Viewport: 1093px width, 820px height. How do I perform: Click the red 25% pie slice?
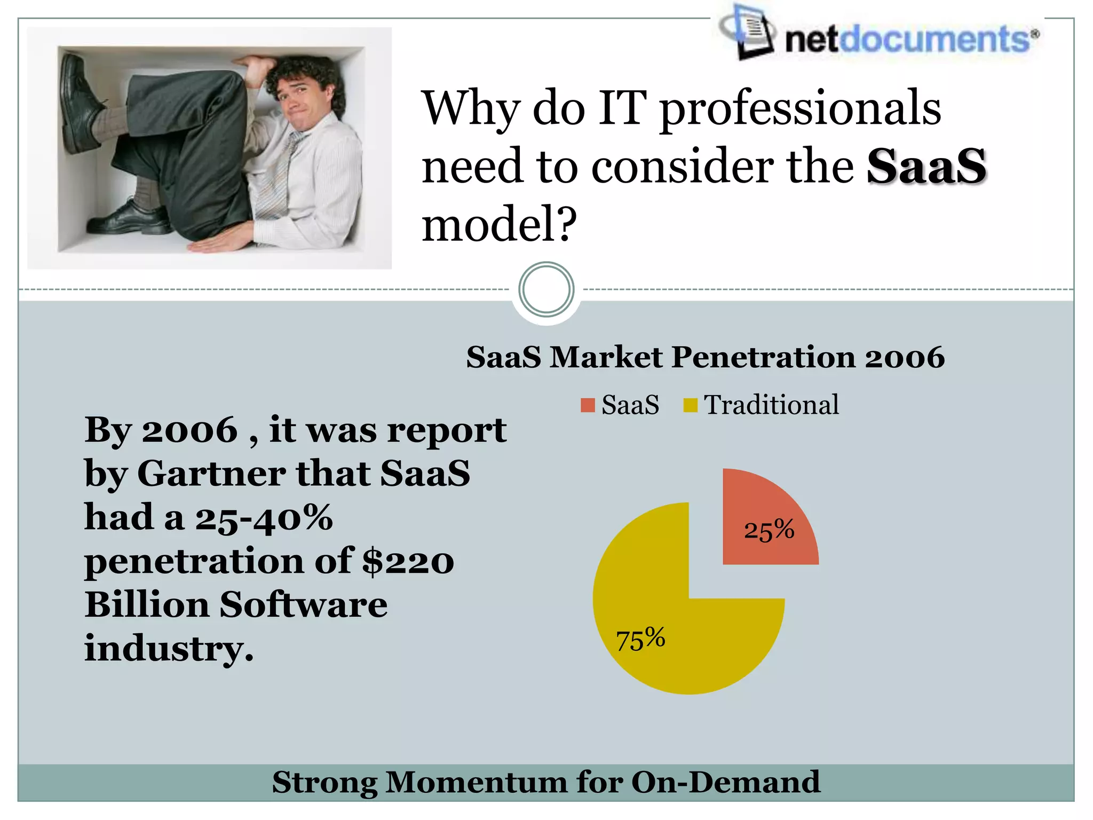tap(763, 512)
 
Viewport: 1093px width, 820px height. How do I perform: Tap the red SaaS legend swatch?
tap(588, 405)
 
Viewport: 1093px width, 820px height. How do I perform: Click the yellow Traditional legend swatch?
tap(690, 405)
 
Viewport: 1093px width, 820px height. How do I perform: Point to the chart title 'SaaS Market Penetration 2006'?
tap(705, 357)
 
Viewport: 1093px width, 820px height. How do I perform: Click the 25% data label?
tap(769, 530)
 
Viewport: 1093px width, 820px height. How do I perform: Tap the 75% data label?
tap(640, 638)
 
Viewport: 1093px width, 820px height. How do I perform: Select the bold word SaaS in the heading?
tap(926, 167)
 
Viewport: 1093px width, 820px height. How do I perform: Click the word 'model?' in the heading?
tap(499, 224)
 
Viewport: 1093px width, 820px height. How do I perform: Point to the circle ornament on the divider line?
tap(546, 290)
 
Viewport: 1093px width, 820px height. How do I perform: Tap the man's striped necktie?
tap(278, 176)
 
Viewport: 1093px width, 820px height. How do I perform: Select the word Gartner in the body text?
tap(211, 474)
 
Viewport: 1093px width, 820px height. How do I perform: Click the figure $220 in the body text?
tap(408, 561)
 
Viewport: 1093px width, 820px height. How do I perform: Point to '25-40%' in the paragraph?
tap(264, 517)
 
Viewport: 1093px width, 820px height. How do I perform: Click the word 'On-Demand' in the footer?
tap(725, 783)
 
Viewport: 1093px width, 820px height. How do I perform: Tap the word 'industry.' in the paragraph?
tap(169, 649)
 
